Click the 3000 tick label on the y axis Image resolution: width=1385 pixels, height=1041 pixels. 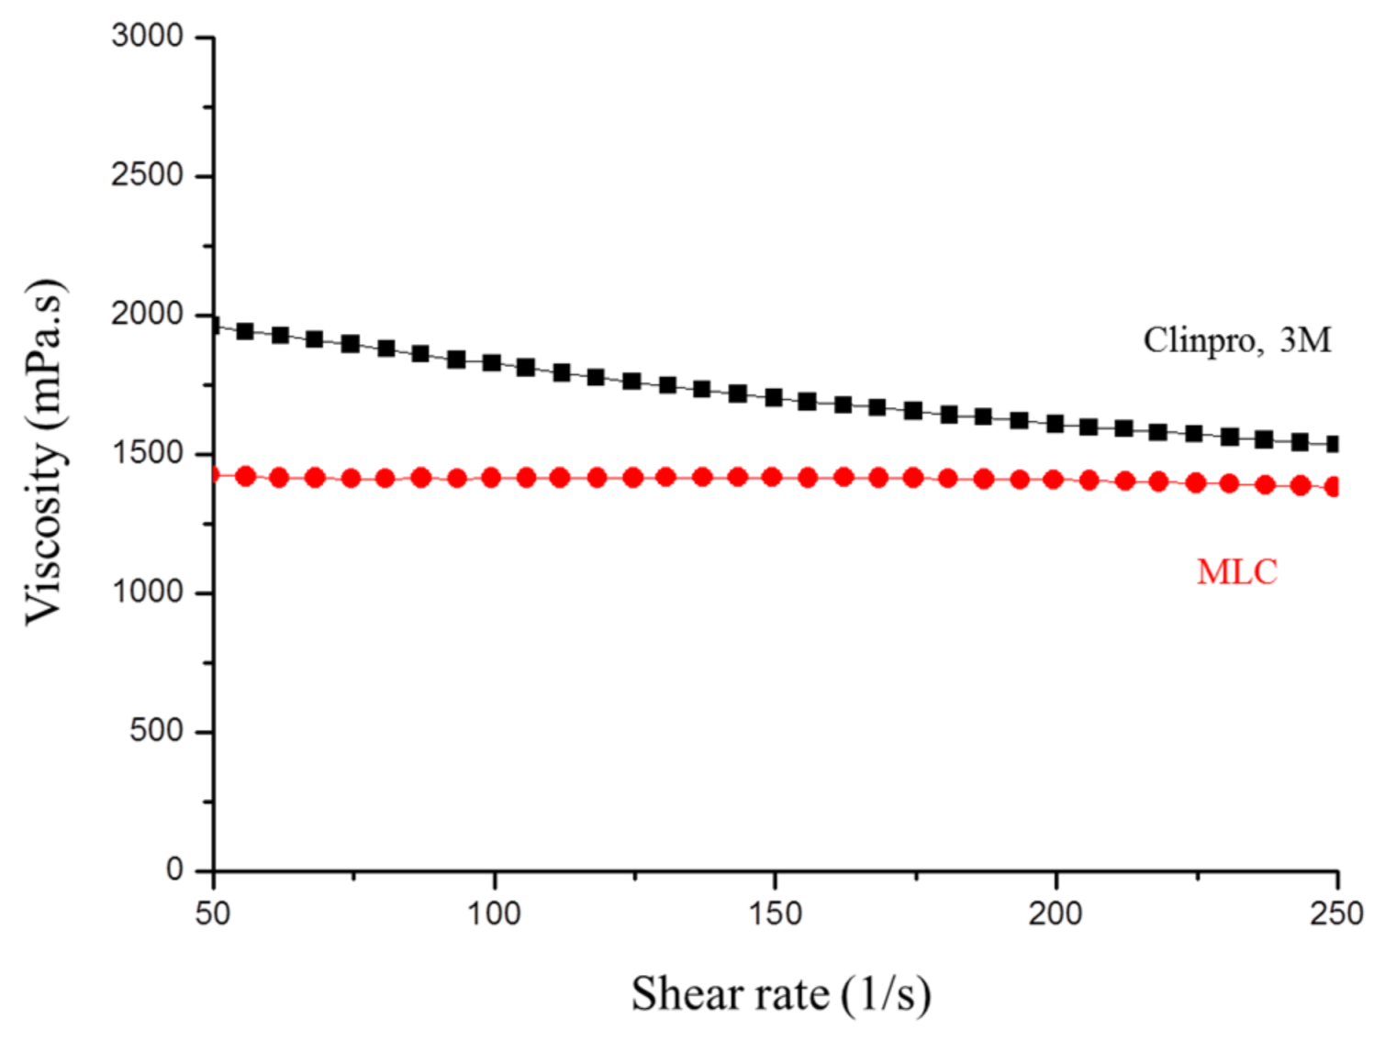(147, 37)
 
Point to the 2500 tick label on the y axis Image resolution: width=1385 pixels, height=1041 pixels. (147, 175)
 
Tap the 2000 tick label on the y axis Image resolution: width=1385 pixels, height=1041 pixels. (147, 315)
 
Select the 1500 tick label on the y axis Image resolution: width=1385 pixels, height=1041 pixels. (147, 453)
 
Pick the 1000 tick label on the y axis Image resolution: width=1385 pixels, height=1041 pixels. (147, 592)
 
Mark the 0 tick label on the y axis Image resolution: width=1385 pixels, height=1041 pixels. (174, 869)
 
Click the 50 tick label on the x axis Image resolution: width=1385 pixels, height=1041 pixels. (213, 914)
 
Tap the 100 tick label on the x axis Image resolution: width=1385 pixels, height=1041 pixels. (494, 914)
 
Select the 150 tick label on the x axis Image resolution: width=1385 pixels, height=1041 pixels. (775, 914)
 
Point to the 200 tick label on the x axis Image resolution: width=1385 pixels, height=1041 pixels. (1056, 914)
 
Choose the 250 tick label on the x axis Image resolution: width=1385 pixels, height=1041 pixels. (1336, 914)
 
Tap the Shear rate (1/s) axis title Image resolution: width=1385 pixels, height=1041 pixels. (780, 994)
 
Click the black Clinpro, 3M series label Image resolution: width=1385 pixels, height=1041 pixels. (1236, 340)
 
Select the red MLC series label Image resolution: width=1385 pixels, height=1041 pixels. (1236, 572)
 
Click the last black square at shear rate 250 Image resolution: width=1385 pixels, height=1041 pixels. (1334, 445)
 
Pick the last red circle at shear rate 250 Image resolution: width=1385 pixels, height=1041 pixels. (1334, 487)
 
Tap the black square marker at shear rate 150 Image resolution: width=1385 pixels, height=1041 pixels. (773, 397)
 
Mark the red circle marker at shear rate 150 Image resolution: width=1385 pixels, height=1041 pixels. (772, 477)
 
